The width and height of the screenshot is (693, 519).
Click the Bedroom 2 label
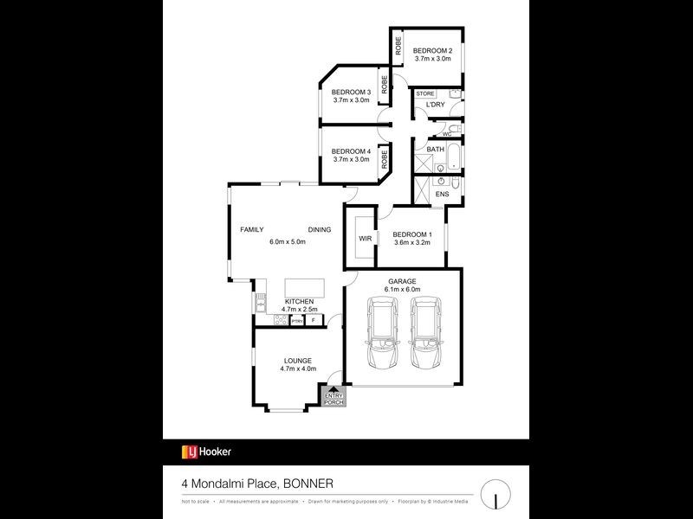click(x=431, y=50)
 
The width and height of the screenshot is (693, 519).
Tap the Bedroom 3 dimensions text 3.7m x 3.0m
click(x=352, y=100)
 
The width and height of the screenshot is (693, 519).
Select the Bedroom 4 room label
click(x=352, y=151)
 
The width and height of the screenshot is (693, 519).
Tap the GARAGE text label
click(x=403, y=281)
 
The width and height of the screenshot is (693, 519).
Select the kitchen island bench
click(x=304, y=286)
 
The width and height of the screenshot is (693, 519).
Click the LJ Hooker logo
click(x=206, y=452)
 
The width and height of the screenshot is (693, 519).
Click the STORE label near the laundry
click(x=425, y=93)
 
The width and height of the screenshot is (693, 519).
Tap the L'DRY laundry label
click(x=434, y=106)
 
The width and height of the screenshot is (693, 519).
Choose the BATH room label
click(x=435, y=149)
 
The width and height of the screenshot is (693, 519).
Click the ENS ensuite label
click(x=442, y=195)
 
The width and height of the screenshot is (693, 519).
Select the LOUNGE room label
click(x=296, y=360)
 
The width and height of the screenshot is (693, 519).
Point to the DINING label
click(x=320, y=229)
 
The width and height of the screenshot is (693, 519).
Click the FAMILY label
click(x=252, y=229)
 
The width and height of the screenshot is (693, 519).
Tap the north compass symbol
click(x=495, y=494)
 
